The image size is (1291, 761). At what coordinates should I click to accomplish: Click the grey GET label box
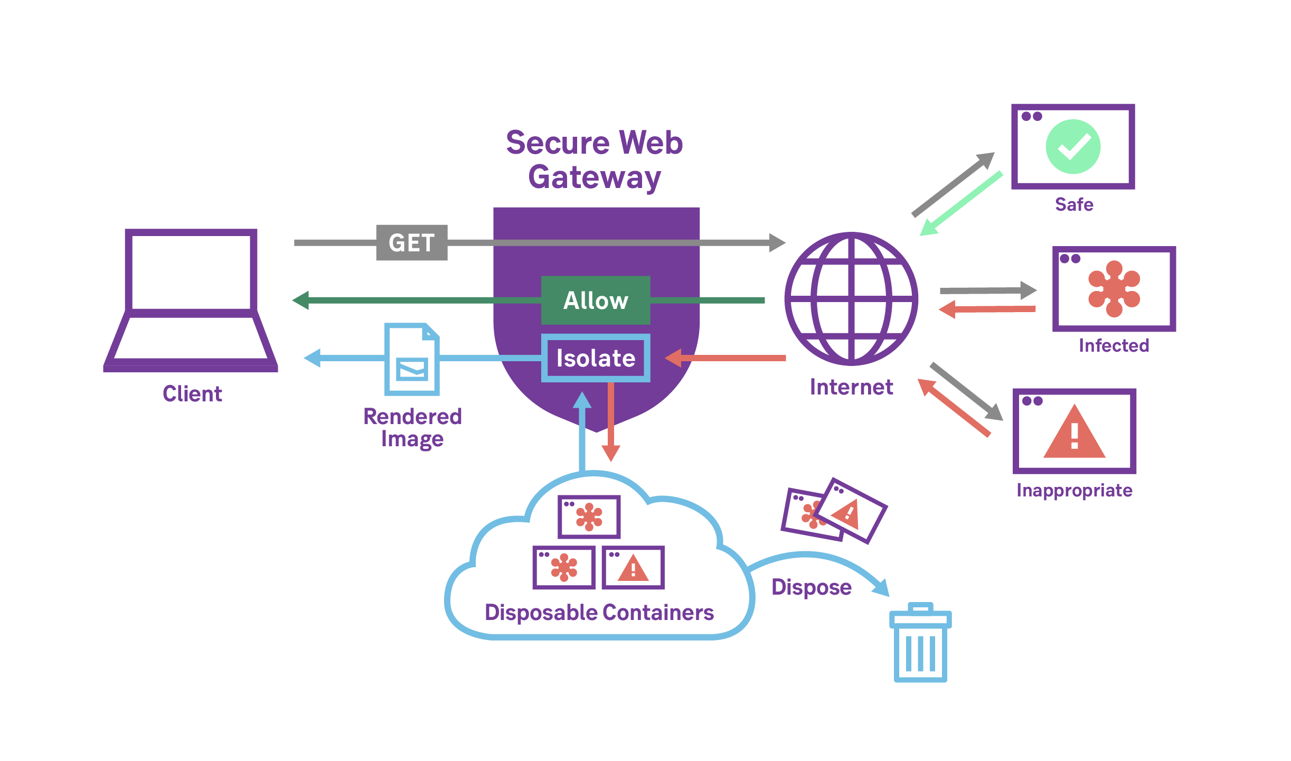411,242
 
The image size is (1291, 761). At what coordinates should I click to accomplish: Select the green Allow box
595,300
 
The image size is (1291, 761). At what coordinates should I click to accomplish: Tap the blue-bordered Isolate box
595,358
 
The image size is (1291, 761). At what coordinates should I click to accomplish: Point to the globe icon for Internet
851,299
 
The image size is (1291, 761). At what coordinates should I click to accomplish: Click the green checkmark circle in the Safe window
1072,146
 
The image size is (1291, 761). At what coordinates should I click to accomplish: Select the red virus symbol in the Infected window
1114,289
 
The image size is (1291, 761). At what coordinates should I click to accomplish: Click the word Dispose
811,587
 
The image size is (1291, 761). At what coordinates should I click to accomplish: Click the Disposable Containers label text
599,613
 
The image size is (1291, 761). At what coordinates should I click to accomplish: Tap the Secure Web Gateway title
594,159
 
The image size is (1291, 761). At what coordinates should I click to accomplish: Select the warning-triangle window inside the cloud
633,568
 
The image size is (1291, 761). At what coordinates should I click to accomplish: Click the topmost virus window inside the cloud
589,516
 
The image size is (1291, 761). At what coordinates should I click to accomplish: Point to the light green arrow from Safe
961,203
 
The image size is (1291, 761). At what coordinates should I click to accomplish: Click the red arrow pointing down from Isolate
610,422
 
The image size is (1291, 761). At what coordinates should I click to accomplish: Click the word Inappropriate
1074,491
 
